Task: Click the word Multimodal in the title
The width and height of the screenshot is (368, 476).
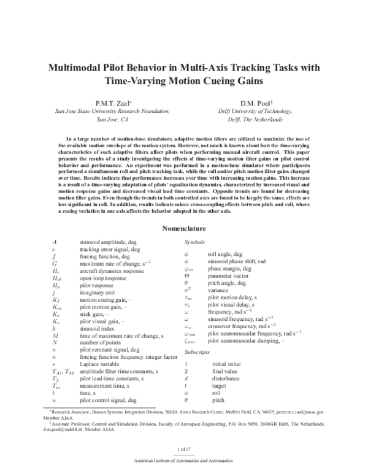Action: point(76,68)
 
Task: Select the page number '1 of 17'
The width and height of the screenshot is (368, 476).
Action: point(183,450)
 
